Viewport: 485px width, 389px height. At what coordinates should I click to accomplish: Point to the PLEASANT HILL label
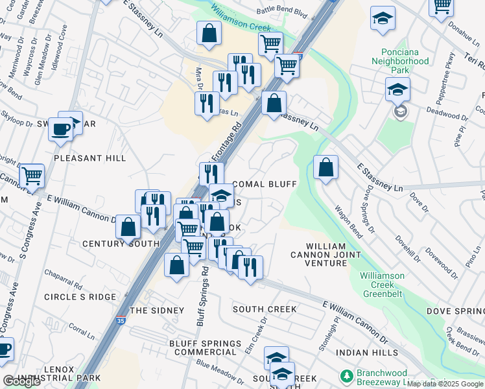click(89, 158)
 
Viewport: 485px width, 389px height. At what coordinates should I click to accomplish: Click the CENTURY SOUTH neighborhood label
click(121, 244)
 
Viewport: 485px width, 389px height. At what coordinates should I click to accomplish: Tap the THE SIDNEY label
click(157, 311)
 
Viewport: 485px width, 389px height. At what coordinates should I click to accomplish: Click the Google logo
click(21, 381)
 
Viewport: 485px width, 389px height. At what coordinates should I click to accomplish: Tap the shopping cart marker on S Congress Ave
click(31, 175)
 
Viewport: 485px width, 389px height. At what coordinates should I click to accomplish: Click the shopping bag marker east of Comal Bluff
click(325, 167)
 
